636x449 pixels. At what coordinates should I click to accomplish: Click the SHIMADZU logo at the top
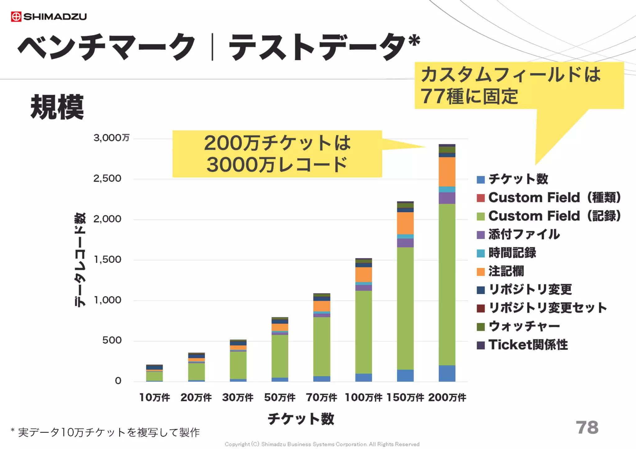[49, 16]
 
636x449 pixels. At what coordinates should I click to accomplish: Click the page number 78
[587, 427]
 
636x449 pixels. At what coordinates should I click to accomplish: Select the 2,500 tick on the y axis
[107, 179]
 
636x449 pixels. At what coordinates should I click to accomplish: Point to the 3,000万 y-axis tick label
[111, 138]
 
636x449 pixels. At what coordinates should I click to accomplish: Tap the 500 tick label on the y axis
[112, 340]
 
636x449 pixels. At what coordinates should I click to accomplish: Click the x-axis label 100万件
[363, 398]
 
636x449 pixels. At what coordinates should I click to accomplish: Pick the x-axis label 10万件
[154, 398]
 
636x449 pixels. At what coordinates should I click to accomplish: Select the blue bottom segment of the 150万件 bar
[405, 375]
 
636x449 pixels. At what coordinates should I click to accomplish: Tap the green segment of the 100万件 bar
[364, 332]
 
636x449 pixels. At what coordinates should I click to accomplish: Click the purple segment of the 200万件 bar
[447, 198]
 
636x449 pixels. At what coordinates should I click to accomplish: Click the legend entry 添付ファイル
[524, 234]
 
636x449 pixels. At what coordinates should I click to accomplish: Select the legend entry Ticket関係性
[528, 345]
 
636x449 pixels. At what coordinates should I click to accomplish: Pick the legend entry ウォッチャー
[524, 326]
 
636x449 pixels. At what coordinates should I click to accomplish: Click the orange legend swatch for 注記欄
[481, 272]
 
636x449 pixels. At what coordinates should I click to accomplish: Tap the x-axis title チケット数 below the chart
[301, 419]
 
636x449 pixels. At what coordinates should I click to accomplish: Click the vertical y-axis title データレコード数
[80, 260]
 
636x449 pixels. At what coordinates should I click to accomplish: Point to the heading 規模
[57, 107]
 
